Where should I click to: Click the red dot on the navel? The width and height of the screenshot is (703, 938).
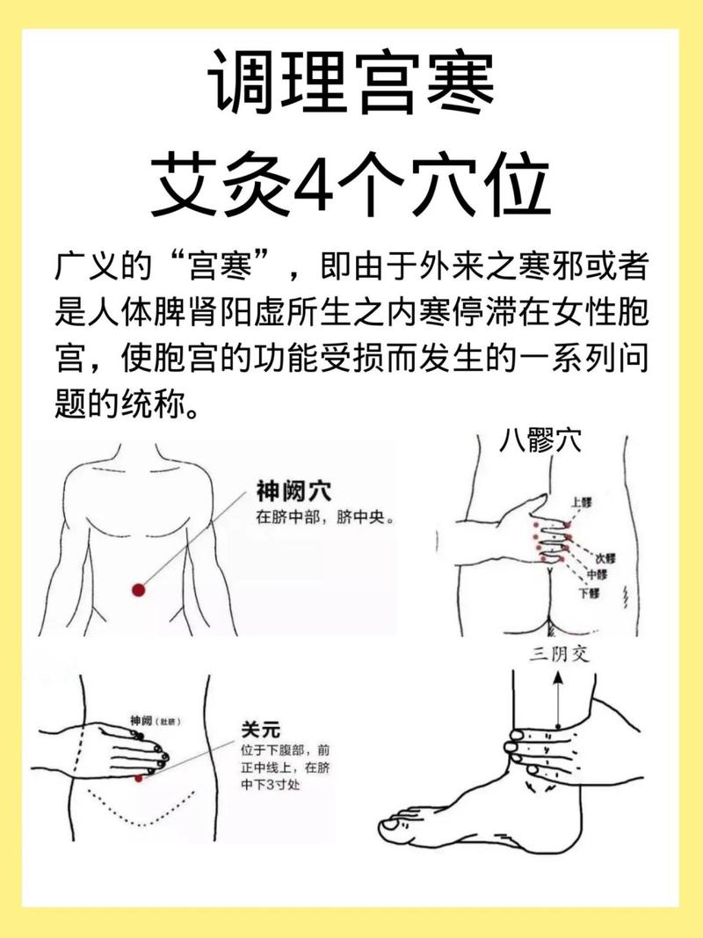click(x=138, y=590)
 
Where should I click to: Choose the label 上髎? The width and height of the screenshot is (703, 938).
click(x=582, y=503)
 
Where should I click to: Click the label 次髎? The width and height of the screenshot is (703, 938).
click(x=605, y=559)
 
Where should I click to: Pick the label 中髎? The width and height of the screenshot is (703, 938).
click(x=597, y=575)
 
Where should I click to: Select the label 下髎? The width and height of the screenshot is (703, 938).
click(x=588, y=593)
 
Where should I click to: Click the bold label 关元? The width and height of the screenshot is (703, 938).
click(x=260, y=729)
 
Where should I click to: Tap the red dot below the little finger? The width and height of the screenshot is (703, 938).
click(x=138, y=778)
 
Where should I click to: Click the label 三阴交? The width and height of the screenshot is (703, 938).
click(x=557, y=654)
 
